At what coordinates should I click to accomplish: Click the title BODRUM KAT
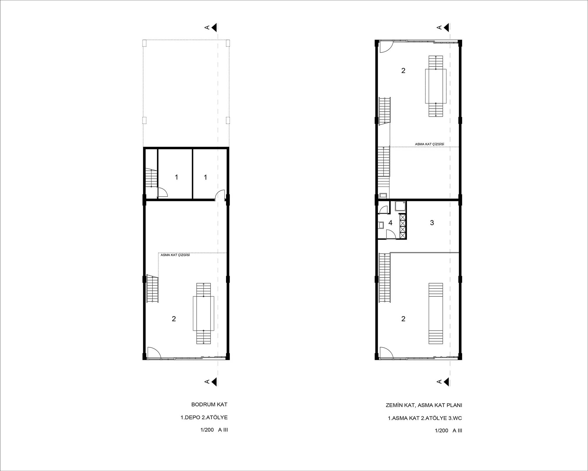point(209,404)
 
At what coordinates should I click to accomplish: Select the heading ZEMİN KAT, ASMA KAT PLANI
point(424,405)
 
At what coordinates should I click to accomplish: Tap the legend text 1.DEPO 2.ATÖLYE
point(204,417)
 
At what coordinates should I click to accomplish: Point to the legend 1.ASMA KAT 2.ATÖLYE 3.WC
point(425,418)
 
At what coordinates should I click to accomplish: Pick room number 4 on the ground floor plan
point(390,223)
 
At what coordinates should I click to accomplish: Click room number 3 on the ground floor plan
point(432,223)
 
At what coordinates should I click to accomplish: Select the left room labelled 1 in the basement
point(176,177)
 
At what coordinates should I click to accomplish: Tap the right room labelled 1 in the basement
point(206,177)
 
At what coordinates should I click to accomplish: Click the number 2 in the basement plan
point(174,319)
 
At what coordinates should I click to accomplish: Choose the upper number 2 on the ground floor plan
point(403,71)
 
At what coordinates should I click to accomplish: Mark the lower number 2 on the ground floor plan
point(403,319)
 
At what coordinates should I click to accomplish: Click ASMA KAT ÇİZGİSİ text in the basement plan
point(175,255)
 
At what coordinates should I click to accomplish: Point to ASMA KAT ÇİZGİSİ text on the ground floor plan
point(430,144)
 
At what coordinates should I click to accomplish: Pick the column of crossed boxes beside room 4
point(402,226)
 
